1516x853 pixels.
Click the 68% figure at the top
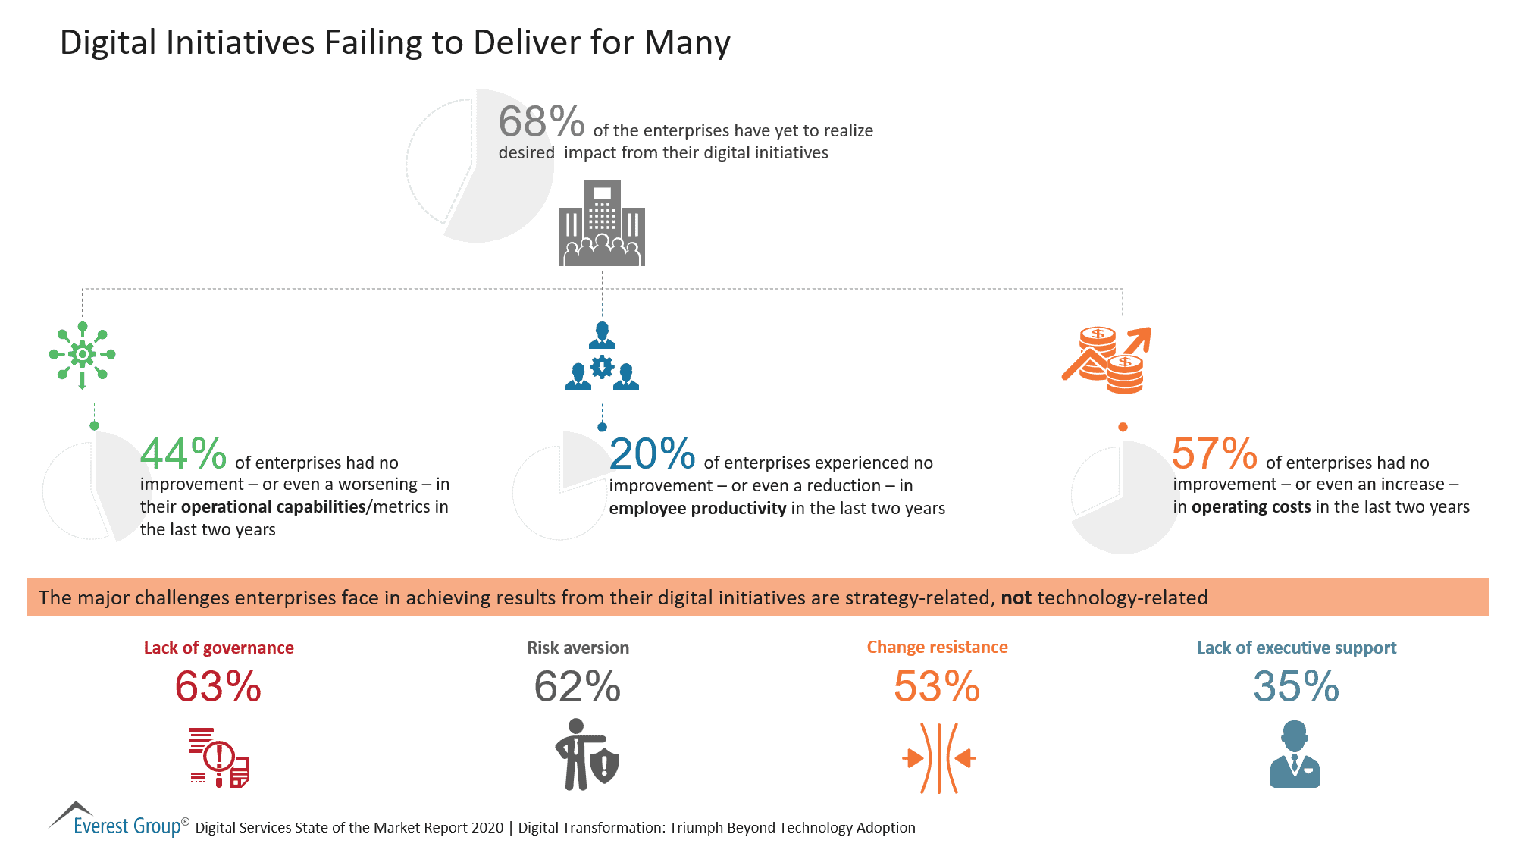[541, 122]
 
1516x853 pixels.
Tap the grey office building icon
[602, 224]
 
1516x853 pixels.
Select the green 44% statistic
[183, 454]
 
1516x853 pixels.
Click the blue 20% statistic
[652, 454]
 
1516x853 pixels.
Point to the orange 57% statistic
[1214, 454]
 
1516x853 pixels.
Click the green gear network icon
[82, 355]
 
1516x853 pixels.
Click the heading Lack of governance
[218, 648]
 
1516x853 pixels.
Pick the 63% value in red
[218, 687]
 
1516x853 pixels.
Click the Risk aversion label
[578, 648]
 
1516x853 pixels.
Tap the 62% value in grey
[578, 687]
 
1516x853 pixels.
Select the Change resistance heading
[937, 647]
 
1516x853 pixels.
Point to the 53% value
[937, 687]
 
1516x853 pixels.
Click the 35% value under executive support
[1296, 687]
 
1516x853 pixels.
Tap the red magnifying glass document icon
[219, 757]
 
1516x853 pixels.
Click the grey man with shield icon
[586, 755]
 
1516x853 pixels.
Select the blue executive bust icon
[1295, 754]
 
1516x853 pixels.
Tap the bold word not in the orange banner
[1016, 597]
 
